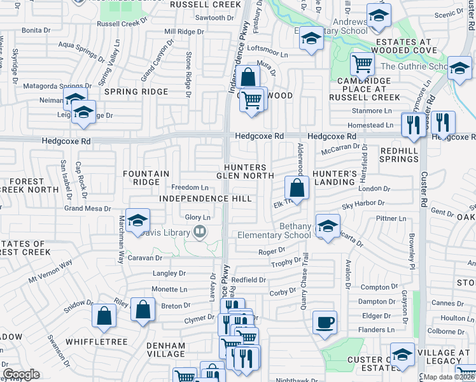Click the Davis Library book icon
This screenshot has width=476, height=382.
click(200, 232)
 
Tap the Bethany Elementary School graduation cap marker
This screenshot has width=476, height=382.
click(328, 227)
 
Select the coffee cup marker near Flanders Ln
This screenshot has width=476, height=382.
click(325, 322)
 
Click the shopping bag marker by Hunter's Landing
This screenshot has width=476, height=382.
click(297, 188)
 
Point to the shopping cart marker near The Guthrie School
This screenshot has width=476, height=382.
click(362, 63)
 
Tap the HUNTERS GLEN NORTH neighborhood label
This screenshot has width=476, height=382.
click(249, 171)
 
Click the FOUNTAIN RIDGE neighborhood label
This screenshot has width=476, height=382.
click(146, 178)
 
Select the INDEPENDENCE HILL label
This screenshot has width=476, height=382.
click(197, 199)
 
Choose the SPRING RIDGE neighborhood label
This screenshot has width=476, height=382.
click(136, 92)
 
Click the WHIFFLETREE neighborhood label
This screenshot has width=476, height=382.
click(101, 342)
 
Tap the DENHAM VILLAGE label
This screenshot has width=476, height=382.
click(165, 350)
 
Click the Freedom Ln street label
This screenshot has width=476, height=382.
click(190, 187)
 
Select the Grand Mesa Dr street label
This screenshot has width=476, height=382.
click(87, 208)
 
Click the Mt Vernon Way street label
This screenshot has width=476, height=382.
click(50, 271)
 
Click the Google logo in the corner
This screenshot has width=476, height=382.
click(21, 374)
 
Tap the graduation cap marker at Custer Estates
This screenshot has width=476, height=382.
click(402, 354)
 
